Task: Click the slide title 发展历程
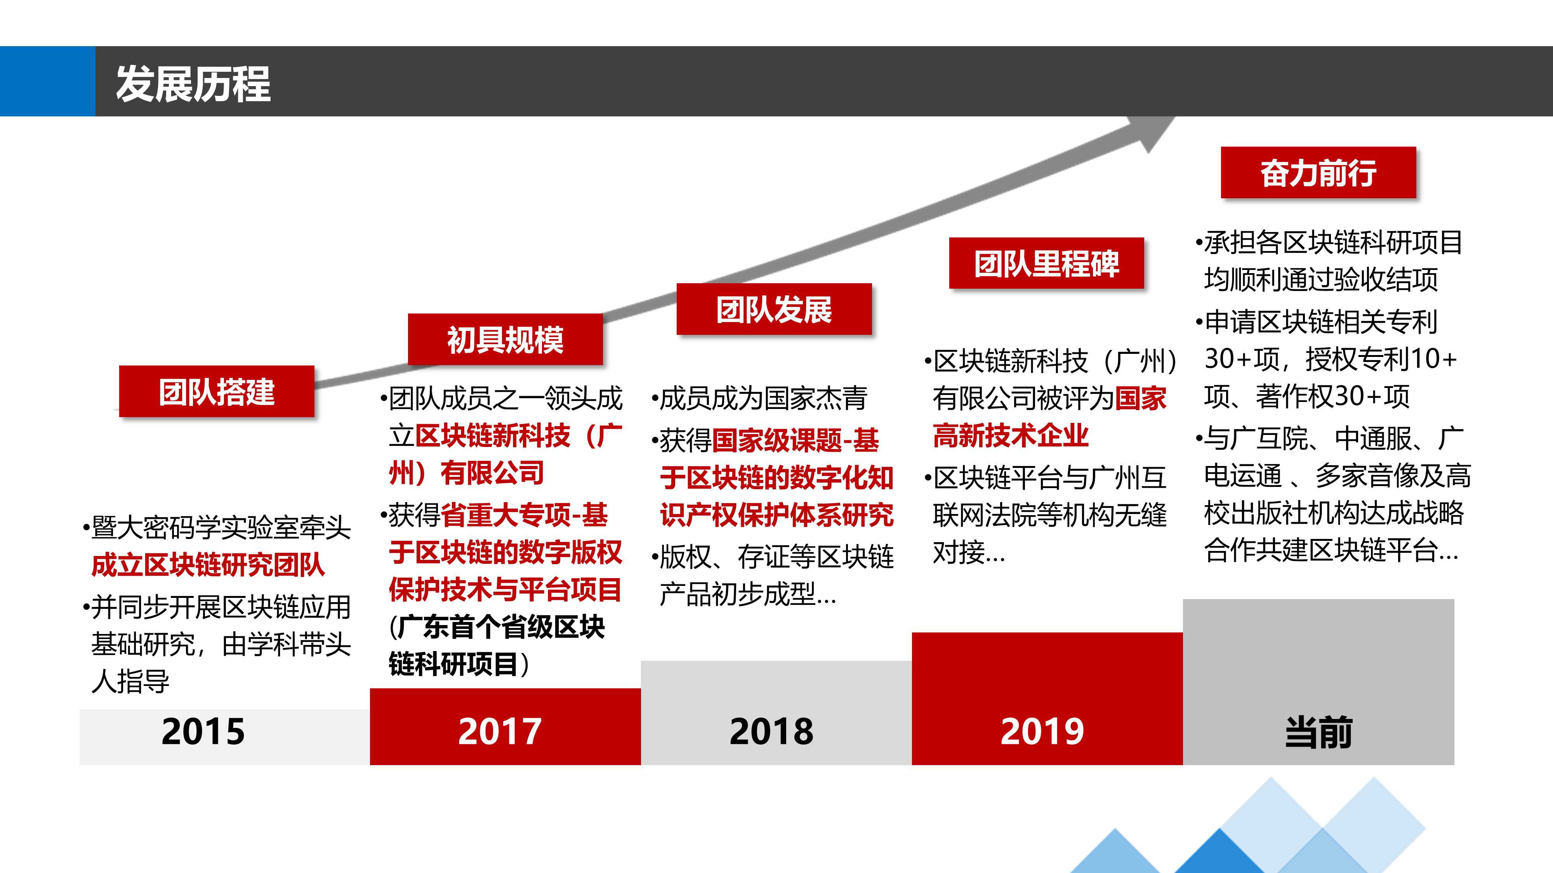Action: point(193,84)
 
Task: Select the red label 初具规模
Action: point(505,339)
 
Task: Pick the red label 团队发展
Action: point(774,309)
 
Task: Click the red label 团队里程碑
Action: point(1047,263)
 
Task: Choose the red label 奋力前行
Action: point(1318,172)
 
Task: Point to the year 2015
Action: point(203,731)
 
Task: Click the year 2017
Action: point(500,731)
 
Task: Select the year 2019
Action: point(1042,731)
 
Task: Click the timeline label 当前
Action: point(1318,733)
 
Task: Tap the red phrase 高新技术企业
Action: point(1010,435)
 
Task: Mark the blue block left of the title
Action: point(48,81)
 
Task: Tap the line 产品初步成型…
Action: point(747,594)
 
